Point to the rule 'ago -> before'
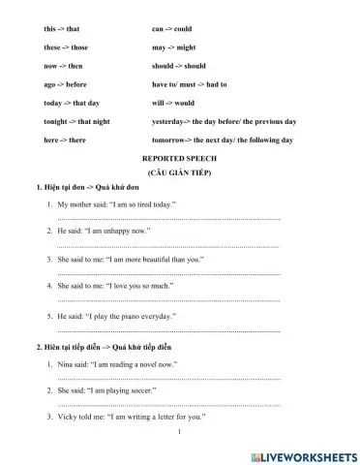click(x=65, y=84)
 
